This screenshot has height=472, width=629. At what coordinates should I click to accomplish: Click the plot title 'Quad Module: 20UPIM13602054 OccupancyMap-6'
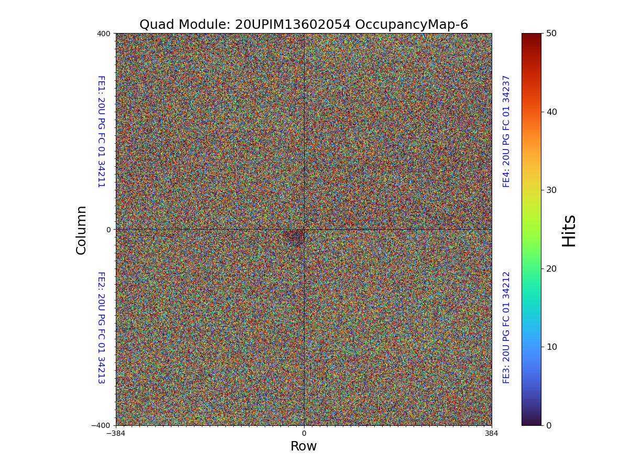(303, 25)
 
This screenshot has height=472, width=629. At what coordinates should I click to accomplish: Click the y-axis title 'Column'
(81, 230)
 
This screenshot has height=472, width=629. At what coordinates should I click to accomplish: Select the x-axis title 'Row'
(303, 446)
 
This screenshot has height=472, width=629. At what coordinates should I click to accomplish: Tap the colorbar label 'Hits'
(569, 230)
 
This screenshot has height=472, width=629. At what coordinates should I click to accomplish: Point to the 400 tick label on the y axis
(104, 34)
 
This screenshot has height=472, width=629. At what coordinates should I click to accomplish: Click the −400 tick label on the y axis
(101, 425)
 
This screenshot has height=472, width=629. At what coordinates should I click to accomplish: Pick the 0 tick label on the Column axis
(109, 230)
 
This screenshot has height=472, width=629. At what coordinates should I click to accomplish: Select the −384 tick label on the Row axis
(116, 434)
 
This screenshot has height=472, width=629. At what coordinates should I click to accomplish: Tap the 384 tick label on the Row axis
(492, 434)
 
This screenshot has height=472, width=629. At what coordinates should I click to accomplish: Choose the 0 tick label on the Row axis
(303, 434)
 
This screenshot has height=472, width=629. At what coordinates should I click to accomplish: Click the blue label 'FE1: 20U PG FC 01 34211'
(101, 131)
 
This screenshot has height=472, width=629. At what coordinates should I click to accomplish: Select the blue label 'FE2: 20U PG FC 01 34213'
(101, 327)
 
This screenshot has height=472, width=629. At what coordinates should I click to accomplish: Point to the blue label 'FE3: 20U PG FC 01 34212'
(506, 327)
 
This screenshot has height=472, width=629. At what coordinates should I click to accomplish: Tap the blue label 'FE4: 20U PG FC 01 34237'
(506, 131)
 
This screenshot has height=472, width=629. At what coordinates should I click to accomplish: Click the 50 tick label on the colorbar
(551, 33)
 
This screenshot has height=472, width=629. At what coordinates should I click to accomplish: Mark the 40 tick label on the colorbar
(551, 112)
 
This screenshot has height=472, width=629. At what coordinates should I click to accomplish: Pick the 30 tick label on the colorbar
(551, 190)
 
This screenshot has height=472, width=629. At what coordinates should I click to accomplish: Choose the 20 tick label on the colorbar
(551, 269)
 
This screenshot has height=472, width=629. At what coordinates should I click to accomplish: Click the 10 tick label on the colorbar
(551, 347)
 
